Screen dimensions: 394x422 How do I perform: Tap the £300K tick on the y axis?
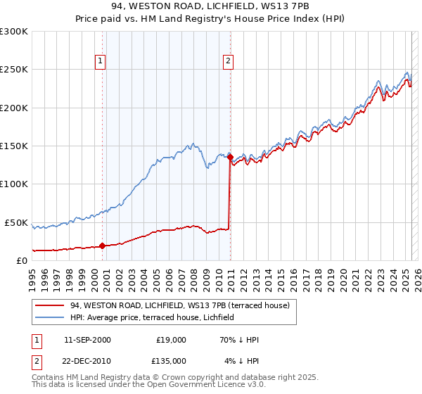click(14, 32)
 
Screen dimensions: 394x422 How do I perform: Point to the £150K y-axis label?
click(14, 146)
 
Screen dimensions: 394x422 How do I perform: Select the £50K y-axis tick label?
click(17, 222)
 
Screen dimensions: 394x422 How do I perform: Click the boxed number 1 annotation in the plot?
click(101, 61)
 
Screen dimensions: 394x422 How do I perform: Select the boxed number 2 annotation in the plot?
click(229, 61)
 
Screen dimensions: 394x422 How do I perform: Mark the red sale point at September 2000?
click(103, 246)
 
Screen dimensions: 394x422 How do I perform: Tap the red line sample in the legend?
click(50, 305)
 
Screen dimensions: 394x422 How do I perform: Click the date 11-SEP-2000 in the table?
click(87, 340)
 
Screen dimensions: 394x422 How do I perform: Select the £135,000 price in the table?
click(171, 361)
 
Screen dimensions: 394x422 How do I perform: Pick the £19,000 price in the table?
click(171, 340)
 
